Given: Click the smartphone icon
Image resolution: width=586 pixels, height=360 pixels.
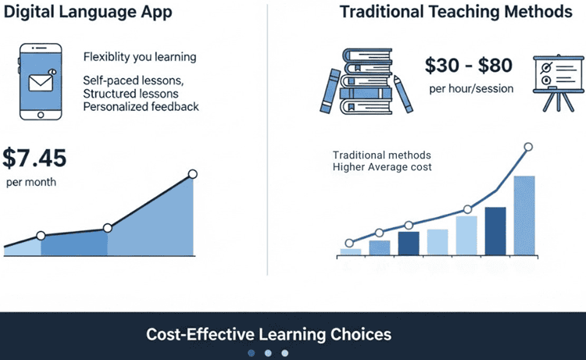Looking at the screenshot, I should pyautogui.click(x=41, y=83).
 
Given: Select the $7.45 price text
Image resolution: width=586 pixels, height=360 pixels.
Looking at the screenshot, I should pyautogui.click(x=35, y=159).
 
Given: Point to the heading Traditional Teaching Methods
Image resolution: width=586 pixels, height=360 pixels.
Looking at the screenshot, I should pyautogui.click(x=456, y=13).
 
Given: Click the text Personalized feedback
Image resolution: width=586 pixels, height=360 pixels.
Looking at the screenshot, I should pyautogui.click(x=141, y=106).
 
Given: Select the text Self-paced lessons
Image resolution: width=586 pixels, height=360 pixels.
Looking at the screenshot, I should pyautogui.click(x=134, y=81).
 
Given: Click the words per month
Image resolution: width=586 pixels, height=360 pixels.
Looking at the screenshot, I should pyautogui.click(x=31, y=183).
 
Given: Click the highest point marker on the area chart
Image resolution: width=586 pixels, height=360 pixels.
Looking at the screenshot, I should pyautogui.click(x=193, y=174).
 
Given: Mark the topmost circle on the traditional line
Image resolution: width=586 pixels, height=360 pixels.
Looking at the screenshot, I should pyautogui.click(x=528, y=147).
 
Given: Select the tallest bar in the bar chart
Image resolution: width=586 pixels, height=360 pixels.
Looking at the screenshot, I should pyautogui.click(x=523, y=216).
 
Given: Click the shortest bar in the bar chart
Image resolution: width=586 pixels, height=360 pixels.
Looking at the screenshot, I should pyautogui.click(x=351, y=251).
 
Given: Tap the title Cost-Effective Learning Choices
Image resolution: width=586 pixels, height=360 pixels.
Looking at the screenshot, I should pyautogui.click(x=268, y=334).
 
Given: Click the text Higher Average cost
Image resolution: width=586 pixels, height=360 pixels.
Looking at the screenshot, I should pyautogui.click(x=382, y=167).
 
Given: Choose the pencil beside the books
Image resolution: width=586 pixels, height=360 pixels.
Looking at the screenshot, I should pyautogui.click(x=404, y=94).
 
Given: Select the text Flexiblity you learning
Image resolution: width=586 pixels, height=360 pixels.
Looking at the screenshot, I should pyautogui.click(x=140, y=57).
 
